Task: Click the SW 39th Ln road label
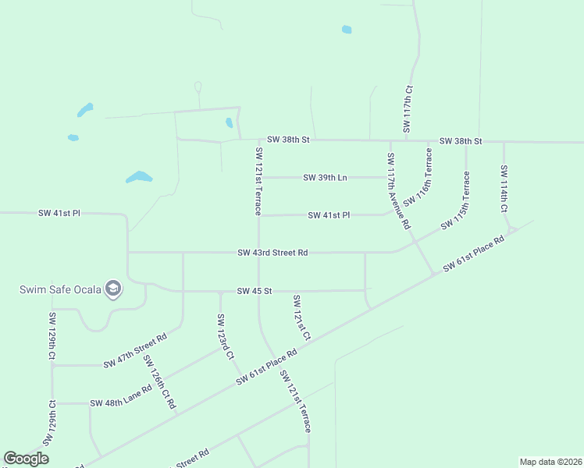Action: coord(325,178)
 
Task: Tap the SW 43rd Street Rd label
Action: coord(273,253)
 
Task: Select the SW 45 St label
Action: coord(254,292)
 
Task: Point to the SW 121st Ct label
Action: coord(301,317)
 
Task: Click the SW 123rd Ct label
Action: coord(226,336)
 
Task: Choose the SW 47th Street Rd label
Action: coord(135,352)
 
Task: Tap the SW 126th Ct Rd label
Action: coord(159,382)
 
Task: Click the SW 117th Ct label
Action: coord(408,108)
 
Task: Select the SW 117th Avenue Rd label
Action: coord(398,190)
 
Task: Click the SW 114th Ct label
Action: coord(505,189)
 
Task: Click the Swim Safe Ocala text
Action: coord(61,290)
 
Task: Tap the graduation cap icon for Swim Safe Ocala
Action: coord(114,289)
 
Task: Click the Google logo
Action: coord(27,459)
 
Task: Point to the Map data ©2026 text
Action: coord(550,462)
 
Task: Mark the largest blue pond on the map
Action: coord(139,177)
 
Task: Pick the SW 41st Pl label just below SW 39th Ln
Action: coord(329,215)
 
